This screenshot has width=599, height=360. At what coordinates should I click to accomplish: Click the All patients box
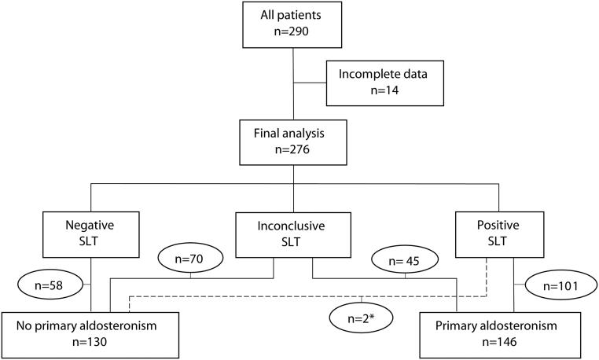(x=294, y=26)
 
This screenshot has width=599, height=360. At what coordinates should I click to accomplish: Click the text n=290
(x=294, y=35)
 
